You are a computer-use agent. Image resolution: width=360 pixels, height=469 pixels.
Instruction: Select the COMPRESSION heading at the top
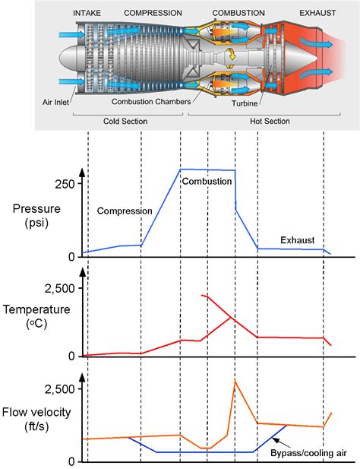(153, 14)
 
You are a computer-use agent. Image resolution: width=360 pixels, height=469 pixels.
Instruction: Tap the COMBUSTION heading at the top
(238, 14)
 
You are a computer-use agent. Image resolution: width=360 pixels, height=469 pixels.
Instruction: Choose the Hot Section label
(260, 120)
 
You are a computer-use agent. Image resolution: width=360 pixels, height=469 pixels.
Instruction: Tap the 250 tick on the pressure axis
(64, 184)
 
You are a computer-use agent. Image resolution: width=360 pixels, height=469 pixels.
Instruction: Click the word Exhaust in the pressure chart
(298, 240)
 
